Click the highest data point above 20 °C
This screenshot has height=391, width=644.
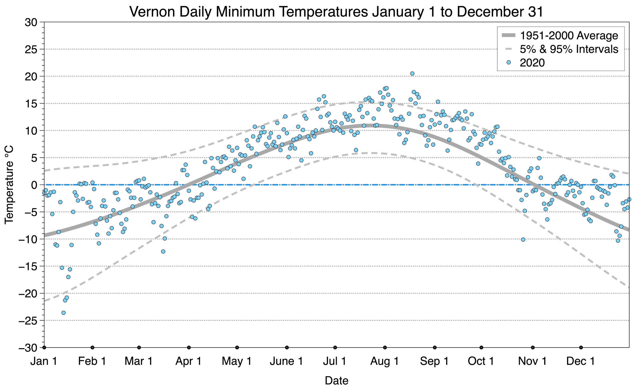[412, 73]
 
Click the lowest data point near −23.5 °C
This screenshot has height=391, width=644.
[63, 313]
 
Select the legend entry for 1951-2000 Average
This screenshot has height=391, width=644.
[559, 35]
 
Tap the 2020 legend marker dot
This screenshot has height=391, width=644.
[508, 63]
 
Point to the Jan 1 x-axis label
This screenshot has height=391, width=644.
[44, 361]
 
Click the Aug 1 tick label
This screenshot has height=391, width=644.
[384, 361]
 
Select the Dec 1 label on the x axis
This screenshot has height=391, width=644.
[581, 361]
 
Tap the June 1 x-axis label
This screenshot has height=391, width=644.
[287, 361]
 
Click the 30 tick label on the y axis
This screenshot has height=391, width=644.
[31, 22]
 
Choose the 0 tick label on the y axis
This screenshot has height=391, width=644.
[34, 185]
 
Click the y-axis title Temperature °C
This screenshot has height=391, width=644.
[9, 185]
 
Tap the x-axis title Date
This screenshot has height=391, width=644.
[336, 381]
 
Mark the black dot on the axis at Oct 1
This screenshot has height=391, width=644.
[481, 348]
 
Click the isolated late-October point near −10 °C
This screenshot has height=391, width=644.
[523, 239]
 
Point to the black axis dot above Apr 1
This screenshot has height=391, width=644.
[189, 348]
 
